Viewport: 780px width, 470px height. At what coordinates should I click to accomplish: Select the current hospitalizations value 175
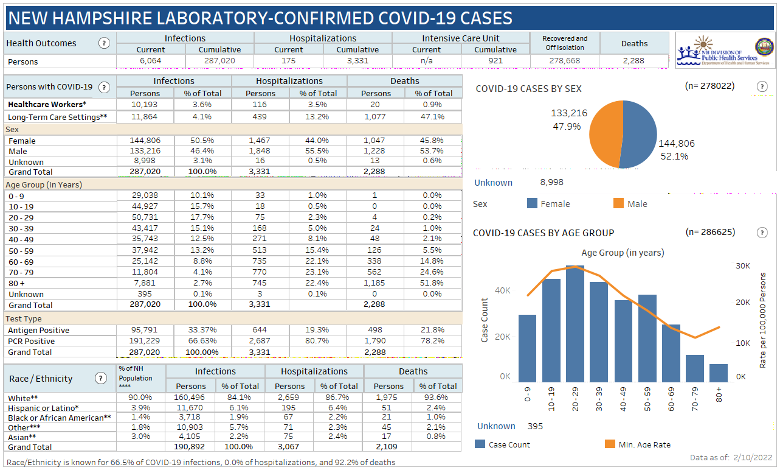(x=288, y=61)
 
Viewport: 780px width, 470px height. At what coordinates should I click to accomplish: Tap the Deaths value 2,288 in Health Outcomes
(x=634, y=61)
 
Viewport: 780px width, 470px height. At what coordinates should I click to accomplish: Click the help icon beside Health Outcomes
(x=104, y=43)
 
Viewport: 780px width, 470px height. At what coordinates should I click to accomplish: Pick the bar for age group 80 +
(x=718, y=373)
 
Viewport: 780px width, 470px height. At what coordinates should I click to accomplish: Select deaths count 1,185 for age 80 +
(x=376, y=282)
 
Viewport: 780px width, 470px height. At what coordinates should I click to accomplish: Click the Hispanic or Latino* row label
(x=44, y=407)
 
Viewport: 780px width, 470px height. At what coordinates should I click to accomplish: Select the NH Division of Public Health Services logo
(x=723, y=51)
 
